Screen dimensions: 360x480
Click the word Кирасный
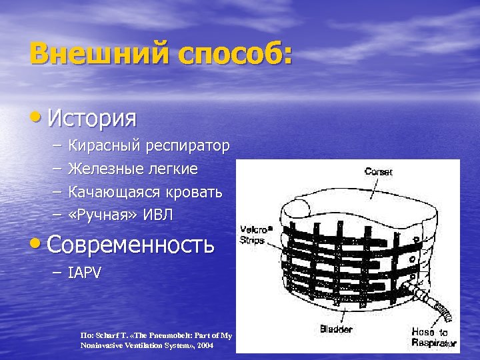[x=103, y=145]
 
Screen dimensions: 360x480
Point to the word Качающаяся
[x=111, y=192]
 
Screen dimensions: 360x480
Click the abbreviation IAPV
[x=85, y=273]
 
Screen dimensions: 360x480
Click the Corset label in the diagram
[x=378, y=171]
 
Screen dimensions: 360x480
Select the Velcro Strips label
[x=253, y=235]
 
